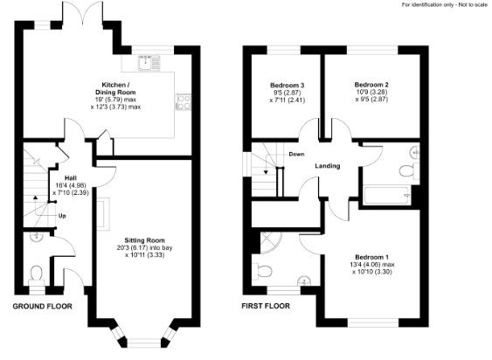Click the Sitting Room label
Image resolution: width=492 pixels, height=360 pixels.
point(144,240)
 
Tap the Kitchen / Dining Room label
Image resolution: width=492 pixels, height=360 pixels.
point(115,88)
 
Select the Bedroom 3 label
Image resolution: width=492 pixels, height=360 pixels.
point(288,85)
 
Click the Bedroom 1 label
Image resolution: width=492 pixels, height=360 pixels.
point(371,257)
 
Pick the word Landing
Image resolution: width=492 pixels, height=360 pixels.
point(328,166)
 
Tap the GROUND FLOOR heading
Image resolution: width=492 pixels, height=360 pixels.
point(42,307)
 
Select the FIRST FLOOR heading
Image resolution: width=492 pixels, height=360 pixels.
point(266,306)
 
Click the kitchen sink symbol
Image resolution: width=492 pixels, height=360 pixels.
point(149,62)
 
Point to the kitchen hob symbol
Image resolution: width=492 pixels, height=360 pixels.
point(184,102)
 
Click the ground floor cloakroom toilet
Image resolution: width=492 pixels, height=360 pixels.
point(37,275)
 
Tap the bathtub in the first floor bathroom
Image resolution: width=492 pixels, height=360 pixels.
point(387,195)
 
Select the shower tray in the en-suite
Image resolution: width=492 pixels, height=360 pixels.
point(272,242)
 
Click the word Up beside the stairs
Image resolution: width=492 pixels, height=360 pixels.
point(62,216)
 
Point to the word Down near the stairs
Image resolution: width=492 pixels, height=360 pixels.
point(296,154)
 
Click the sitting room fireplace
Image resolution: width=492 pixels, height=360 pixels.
point(103,214)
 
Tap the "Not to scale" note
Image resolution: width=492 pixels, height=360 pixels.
point(474,4)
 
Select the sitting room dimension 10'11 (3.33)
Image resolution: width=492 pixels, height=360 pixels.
point(145,255)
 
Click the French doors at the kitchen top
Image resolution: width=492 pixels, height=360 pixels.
point(83,12)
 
